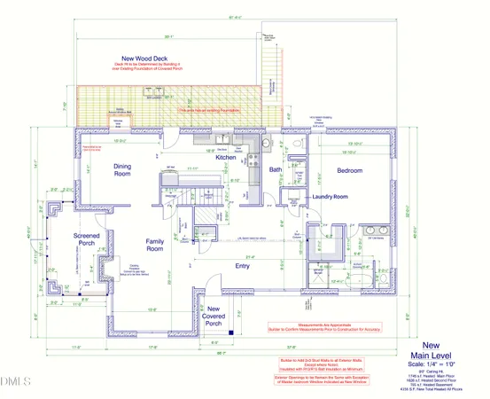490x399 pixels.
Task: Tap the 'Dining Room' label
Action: tap(128, 169)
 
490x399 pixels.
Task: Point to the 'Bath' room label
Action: tap(276, 169)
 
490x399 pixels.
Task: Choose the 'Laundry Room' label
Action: tap(334, 196)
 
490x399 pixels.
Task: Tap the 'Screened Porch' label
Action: tap(86, 240)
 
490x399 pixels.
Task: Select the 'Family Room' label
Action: tap(156, 245)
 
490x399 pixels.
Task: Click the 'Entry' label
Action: tap(242, 265)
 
